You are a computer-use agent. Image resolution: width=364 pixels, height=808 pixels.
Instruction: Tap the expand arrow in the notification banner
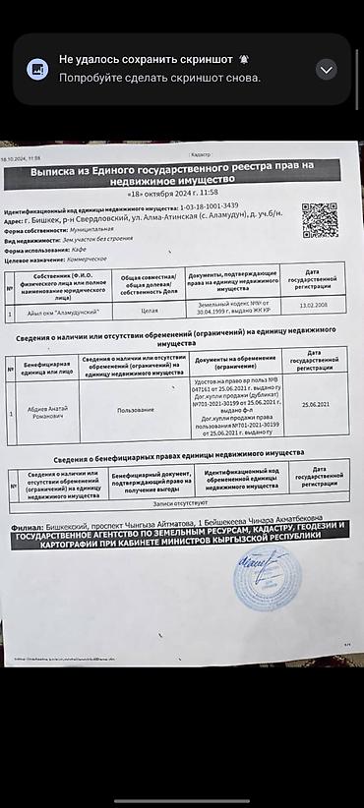coord(327,69)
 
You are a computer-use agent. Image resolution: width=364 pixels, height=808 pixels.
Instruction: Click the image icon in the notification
coord(36,69)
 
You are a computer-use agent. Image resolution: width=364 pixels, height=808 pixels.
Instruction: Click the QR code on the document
coord(319,220)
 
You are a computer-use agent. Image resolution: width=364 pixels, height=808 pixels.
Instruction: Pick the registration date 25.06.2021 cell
coord(315,404)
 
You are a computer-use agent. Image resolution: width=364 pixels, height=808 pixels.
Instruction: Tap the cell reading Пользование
coord(134,409)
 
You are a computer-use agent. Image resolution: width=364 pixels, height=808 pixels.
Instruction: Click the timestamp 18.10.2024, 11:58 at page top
coord(20,157)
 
